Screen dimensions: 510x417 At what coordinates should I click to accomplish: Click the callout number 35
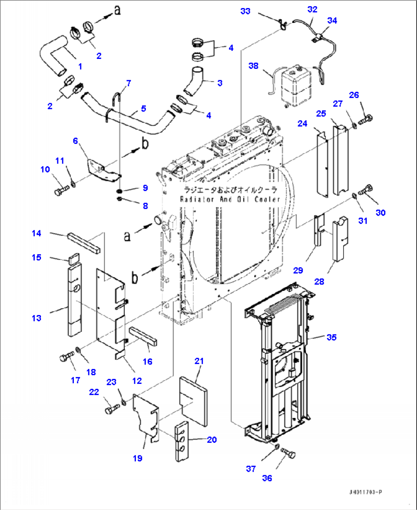coord(331,337)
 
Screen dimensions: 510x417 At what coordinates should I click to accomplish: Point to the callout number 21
coord(199,361)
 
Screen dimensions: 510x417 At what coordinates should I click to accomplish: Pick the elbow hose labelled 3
coord(193,82)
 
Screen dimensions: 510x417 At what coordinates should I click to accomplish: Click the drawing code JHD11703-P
coord(365,492)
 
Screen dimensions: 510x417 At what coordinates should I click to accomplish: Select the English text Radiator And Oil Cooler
coord(230,199)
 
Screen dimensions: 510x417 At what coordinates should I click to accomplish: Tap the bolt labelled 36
coord(289,453)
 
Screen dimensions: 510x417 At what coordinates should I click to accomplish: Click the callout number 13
coord(36,318)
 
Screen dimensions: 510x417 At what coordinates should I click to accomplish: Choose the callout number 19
coord(138,458)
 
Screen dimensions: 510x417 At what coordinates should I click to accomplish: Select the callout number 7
coord(129,83)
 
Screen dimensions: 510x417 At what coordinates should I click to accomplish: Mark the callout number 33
coord(245,11)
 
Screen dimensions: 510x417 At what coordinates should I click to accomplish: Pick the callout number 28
coord(319,281)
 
